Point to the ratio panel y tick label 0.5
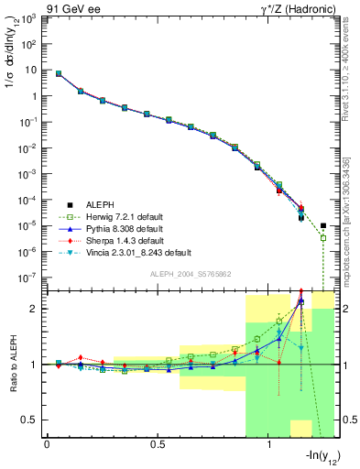pyautogui.click(x=30, y=420)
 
